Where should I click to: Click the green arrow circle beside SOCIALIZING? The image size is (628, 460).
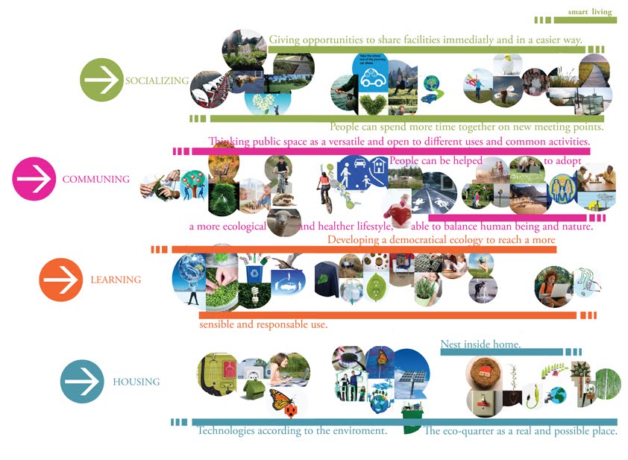(x=101, y=80)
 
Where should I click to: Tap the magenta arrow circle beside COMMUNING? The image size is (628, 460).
(x=34, y=179)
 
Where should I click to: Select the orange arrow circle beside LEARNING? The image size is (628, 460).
(x=60, y=280)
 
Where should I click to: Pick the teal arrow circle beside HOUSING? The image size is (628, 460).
(x=81, y=382)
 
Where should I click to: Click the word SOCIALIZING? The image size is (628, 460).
(x=157, y=81)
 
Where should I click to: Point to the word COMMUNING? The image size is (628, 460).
(x=95, y=180)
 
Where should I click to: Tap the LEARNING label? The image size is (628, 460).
(x=116, y=280)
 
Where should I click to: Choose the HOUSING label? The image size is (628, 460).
(x=136, y=382)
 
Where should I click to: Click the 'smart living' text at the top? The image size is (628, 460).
(x=589, y=12)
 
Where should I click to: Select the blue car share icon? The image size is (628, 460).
(x=371, y=72)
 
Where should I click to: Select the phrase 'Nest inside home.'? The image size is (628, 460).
(x=480, y=344)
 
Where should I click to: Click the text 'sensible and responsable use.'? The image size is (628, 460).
(x=263, y=324)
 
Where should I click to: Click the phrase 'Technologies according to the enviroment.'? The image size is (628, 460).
(x=292, y=431)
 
